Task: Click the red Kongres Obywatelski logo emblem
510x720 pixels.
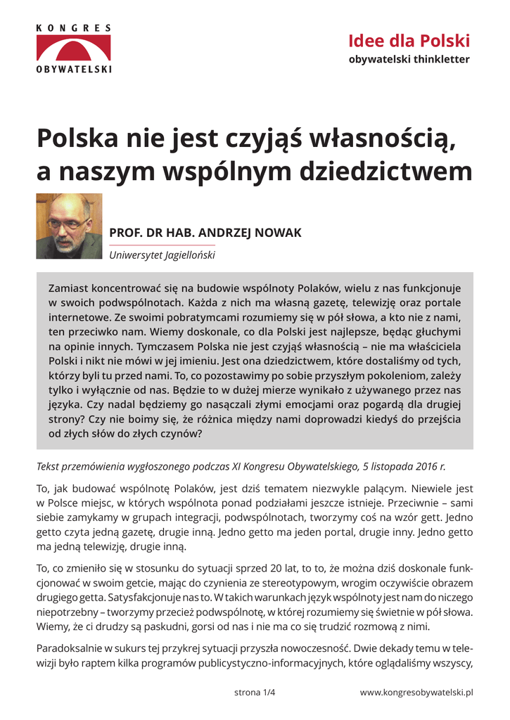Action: (x=74, y=49)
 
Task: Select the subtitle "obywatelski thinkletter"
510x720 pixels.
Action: (x=409, y=59)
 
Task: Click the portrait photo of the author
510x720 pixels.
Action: (x=69, y=226)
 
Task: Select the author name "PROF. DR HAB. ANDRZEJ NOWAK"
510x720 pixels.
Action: (x=205, y=233)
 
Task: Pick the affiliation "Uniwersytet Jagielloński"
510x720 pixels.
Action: (x=162, y=255)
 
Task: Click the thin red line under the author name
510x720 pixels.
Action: (x=162, y=245)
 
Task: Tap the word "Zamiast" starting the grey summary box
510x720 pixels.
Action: (x=69, y=288)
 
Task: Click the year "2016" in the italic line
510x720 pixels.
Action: (x=423, y=466)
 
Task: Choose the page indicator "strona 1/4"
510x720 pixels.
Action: (x=254, y=693)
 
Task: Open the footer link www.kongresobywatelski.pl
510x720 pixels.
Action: (x=416, y=693)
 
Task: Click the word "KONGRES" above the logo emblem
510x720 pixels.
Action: (x=74, y=28)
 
